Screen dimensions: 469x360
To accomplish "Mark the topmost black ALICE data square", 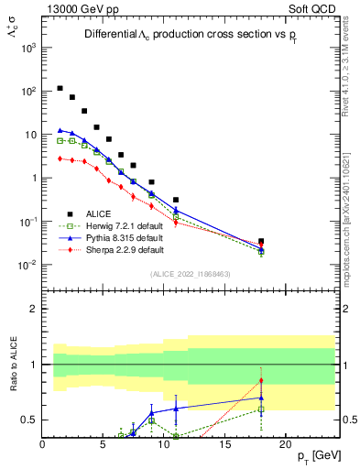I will coord(60,89).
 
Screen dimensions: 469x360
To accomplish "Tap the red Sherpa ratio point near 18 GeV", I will coord(261,381).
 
